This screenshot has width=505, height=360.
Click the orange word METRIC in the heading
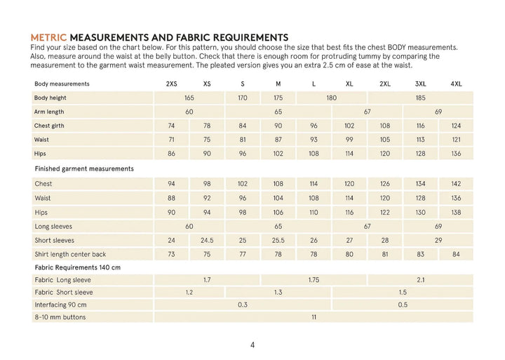point(49,36)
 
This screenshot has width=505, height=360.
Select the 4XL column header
point(456,84)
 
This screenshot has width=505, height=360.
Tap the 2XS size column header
point(171,84)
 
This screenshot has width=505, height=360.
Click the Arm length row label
point(49,112)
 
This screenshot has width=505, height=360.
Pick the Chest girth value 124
point(456,126)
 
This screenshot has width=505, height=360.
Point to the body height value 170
point(243,98)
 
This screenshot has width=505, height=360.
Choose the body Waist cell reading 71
point(171,139)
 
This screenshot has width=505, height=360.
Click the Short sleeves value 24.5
point(207,240)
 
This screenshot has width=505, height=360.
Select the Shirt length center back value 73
point(171,254)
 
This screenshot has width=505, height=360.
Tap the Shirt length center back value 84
point(456,254)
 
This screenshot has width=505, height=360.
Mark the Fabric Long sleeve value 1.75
point(314,279)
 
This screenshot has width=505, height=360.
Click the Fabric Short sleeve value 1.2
point(189,292)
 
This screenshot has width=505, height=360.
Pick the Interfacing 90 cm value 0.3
point(243,305)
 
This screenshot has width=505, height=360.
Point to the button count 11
point(314,317)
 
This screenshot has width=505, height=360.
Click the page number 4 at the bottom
point(252,345)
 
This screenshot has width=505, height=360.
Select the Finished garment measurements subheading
point(84,168)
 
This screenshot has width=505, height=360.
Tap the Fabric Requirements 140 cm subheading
point(78,267)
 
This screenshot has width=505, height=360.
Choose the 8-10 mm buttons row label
point(60,317)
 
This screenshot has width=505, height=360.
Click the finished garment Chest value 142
point(456,184)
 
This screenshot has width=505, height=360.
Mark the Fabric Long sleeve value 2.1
point(421,279)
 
